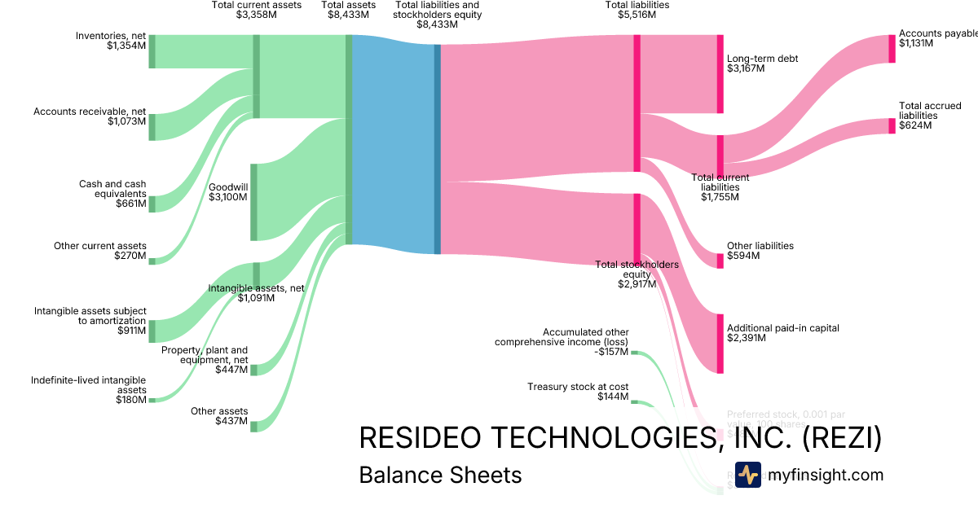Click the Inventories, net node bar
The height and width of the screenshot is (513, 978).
pyautogui.click(x=152, y=51)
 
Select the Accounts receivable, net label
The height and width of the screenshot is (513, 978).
pyautogui.click(x=90, y=112)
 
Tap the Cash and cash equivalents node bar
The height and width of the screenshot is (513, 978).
pyautogui.click(x=152, y=204)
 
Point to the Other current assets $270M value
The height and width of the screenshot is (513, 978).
pyautogui.click(x=130, y=256)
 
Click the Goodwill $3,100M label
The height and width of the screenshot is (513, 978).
pyautogui.click(x=228, y=192)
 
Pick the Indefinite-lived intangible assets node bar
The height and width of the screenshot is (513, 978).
pyautogui.click(x=152, y=400)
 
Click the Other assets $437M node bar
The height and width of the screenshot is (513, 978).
pyautogui.click(x=253, y=427)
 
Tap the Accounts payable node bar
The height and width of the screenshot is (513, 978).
pyautogui.click(x=892, y=49)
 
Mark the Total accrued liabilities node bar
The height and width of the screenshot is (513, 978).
pyautogui.click(x=892, y=126)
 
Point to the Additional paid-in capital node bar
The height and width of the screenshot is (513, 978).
pyautogui.click(x=720, y=343)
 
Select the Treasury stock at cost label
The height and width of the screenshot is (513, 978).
pyautogui.click(x=578, y=387)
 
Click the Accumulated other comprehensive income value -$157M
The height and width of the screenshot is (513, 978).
pyautogui.click(x=611, y=352)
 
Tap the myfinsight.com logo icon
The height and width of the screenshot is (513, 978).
pyautogui.click(x=747, y=475)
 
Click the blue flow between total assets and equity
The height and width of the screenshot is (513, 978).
pyautogui.click(x=394, y=147)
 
